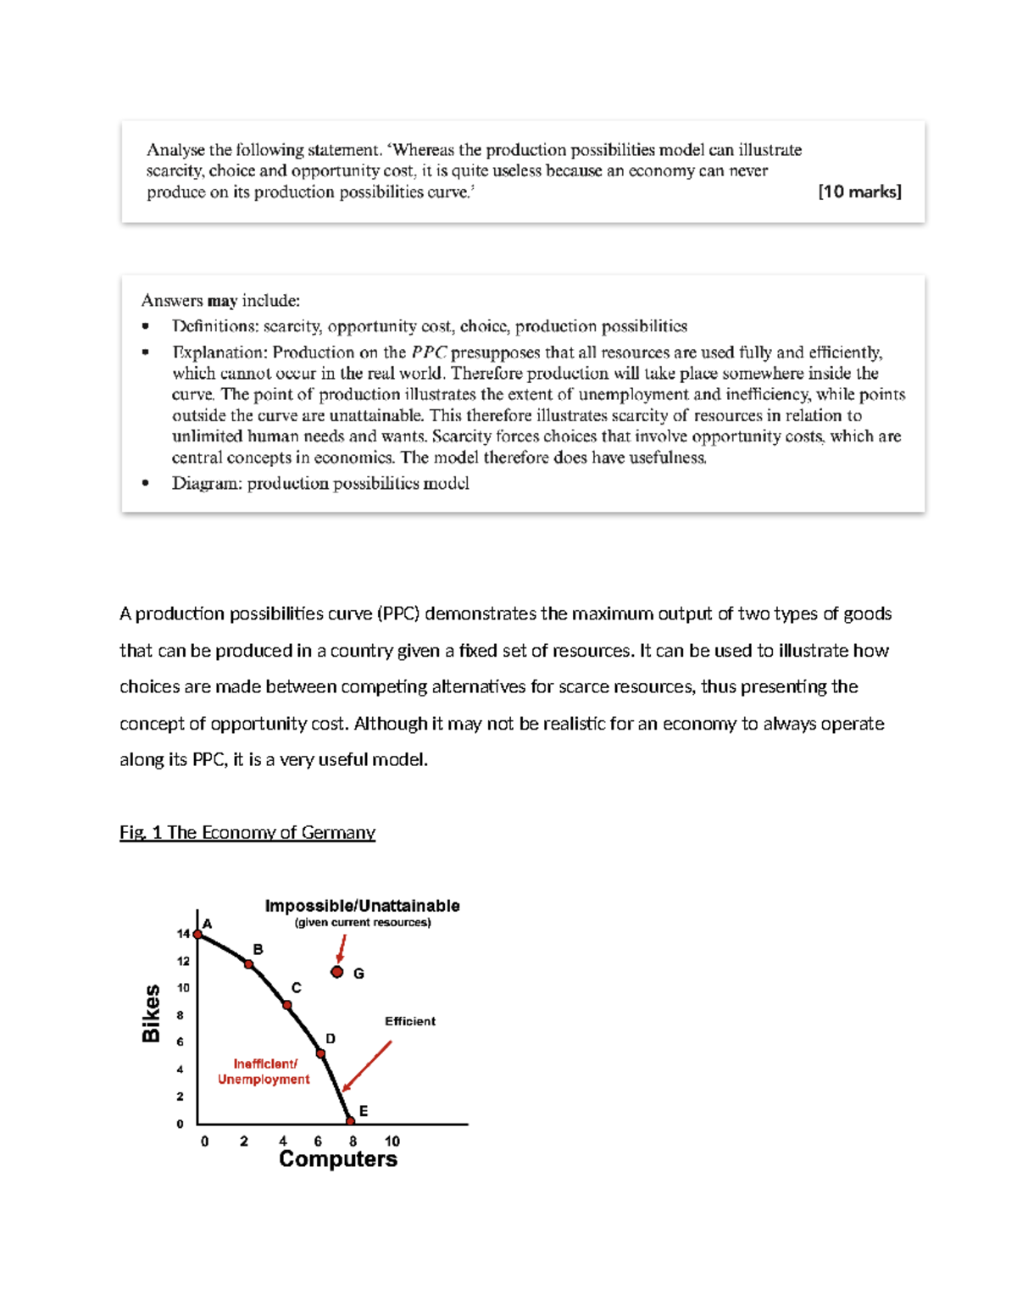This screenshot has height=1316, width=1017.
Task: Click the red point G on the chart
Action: coord(337,972)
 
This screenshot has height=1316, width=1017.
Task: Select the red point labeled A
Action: coord(197,935)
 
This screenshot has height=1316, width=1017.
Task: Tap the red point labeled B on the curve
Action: coord(248,964)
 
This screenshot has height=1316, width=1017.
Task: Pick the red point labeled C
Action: coord(287,1005)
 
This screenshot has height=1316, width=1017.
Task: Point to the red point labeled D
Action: coord(320,1053)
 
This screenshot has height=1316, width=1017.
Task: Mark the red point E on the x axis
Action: coord(351,1121)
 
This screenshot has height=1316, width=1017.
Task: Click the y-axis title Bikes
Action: coord(151,1013)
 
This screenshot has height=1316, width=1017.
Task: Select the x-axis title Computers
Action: coord(337,1159)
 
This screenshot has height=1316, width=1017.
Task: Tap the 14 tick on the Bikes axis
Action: coord(183,934)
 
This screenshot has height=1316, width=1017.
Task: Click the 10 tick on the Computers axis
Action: coord(392,1141)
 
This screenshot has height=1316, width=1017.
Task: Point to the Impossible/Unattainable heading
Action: coord(362,906)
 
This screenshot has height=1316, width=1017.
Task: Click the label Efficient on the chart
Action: coord(410,1021)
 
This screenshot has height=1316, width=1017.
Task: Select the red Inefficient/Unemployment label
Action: coord(264,1072)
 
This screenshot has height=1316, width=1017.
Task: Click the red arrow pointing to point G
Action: coord(342,948)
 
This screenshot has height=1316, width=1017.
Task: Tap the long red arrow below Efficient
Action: coord(368,1066)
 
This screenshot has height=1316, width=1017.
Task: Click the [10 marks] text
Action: coord(859,192)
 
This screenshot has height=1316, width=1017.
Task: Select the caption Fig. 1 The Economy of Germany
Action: coord(247,832)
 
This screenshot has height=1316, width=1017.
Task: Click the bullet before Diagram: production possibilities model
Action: coord(146,483)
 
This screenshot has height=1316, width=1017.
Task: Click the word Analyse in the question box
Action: coord(175,150)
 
